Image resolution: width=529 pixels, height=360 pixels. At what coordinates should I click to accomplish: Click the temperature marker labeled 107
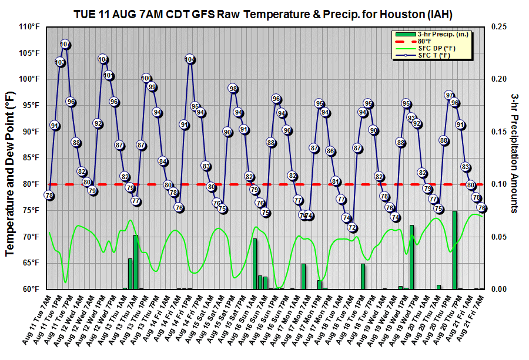(65, 45)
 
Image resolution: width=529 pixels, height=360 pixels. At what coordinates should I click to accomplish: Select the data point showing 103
(59, 62)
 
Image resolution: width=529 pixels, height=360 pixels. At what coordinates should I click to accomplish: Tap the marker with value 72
(352, 227)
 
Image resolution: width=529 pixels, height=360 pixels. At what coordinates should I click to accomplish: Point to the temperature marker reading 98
(233, 89)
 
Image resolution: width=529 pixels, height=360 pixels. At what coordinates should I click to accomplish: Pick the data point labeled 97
(449, 95)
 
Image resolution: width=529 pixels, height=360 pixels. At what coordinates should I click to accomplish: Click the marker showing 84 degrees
(163, 162)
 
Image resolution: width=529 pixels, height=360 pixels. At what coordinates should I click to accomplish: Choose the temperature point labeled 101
(109, 75)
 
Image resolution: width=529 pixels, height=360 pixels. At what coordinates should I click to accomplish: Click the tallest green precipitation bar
(454, 250)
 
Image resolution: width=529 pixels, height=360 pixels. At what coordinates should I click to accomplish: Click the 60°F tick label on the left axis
(30, 289)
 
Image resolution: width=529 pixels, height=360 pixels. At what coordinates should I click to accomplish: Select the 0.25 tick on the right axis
(499, 27)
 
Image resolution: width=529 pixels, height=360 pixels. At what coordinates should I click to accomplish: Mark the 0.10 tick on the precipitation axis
(499, 184)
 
